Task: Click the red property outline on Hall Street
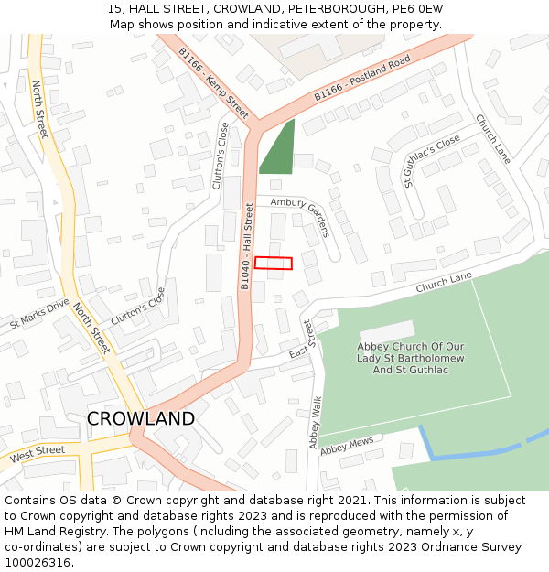273,264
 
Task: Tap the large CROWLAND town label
141,419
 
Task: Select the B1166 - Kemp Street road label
213,83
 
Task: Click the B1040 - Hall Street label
246,247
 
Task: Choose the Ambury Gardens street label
299,218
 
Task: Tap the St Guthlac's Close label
433,161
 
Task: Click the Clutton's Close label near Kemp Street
221,156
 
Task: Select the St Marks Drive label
39,314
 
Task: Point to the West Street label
38,453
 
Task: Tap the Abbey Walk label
316,422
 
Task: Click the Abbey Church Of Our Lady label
411,358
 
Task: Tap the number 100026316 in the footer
38,563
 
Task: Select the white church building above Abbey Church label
387,332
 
